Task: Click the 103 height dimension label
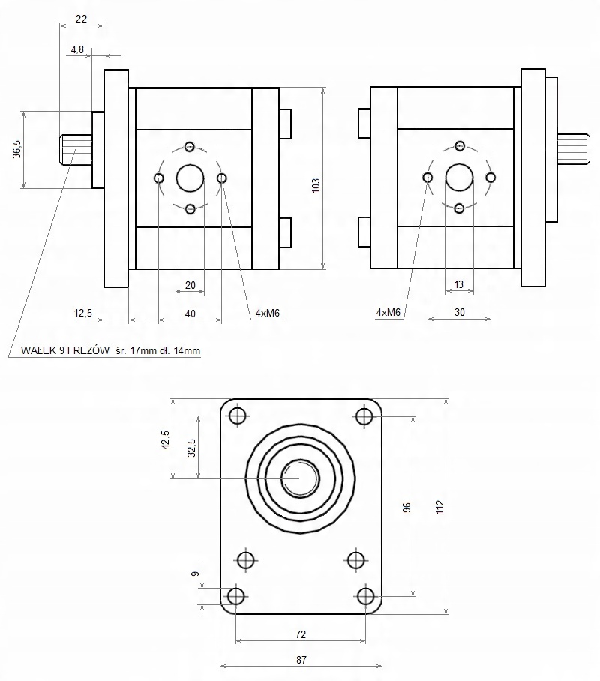coord(316,185)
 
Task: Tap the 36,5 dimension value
coord(17,149)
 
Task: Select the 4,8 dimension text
coord(77,50)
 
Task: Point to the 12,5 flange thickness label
coord(83,313)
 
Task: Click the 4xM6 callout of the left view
coord(267,313)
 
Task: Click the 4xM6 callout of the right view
coord(388,312)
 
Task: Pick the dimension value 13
coord(459,284)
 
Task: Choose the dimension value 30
coord(460,312)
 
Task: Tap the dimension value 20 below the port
coord(190,285)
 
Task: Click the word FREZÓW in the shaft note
coord(88,350)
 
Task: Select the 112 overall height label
coord(439,507)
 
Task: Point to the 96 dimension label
coord(406,507)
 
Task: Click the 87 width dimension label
coord(301,660)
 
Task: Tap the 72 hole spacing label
coord(301,634)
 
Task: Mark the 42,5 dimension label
coord(166,439)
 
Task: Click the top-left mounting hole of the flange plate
coord(238,416)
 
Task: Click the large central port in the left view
coord(190,178)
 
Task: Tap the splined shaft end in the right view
coord(573,149)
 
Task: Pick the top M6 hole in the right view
coord(460,146)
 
